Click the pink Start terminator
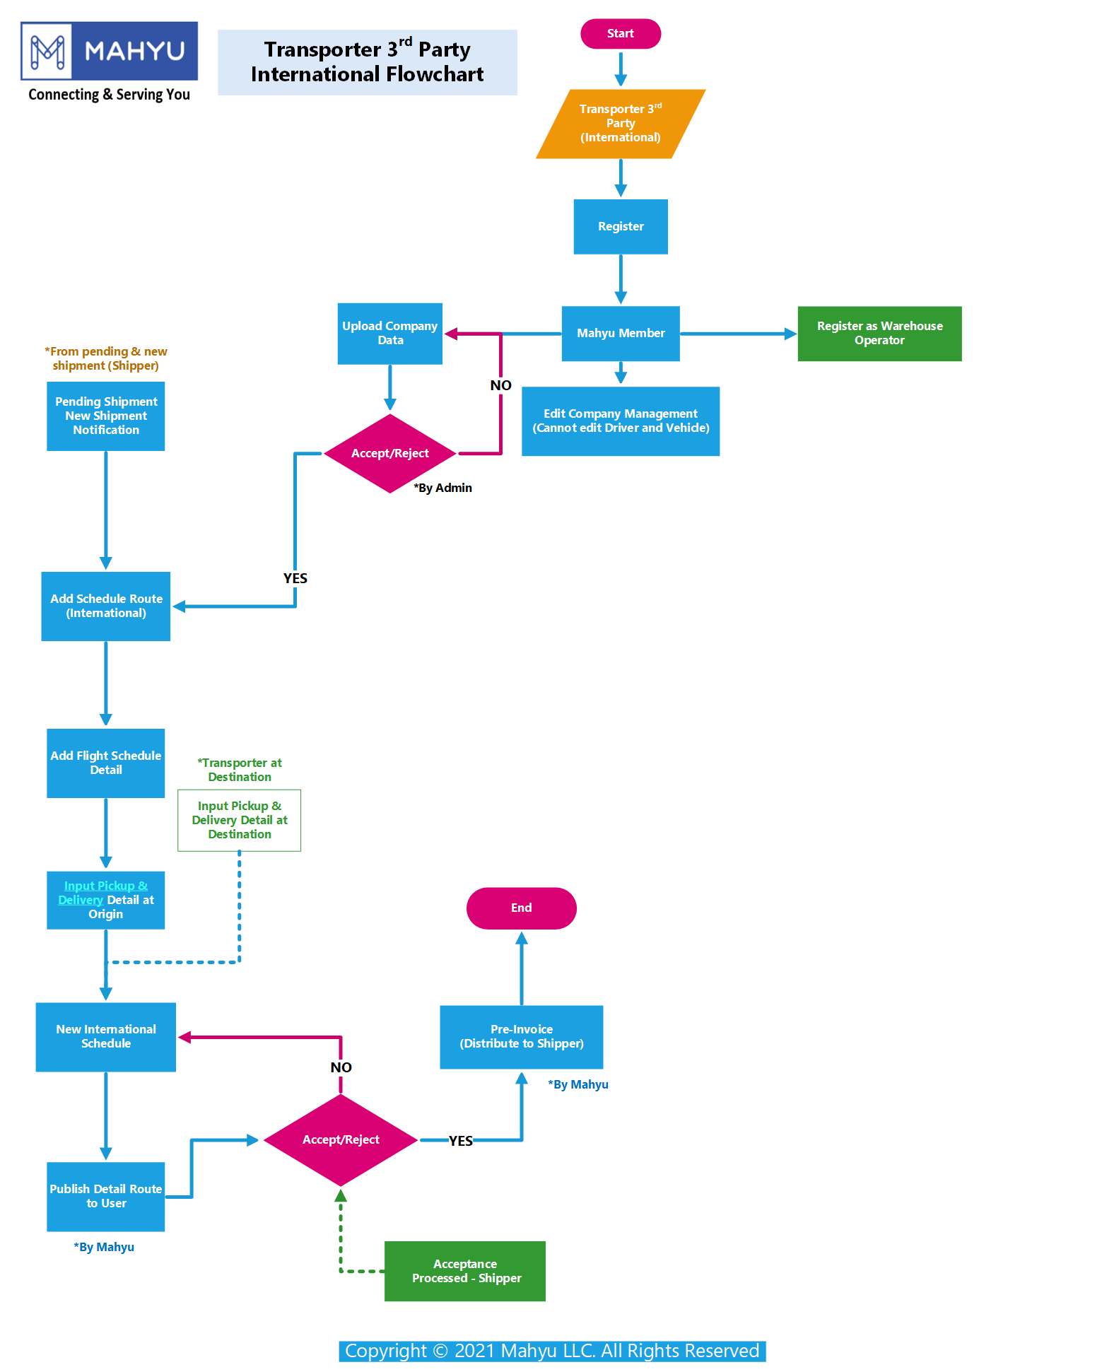point(621,34)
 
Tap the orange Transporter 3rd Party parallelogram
point(621,124)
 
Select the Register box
point(621,226)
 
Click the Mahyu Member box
point(621,334)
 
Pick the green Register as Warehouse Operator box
point(879,334)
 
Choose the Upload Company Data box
point(390,334)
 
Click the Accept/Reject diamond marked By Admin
point(390,453)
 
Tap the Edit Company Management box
point(621,421)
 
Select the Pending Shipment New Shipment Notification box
point(106,416)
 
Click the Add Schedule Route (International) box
point(106,606)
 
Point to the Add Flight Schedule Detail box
point(106,763)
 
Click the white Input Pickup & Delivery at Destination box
point(240,821)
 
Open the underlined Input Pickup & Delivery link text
point(103,893)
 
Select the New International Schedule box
point(106,1037)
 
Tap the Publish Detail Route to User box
point(106,1197)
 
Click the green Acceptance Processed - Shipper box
point(465,1271)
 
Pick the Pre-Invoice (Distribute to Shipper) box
point(522,1037)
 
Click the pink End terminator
point(522,908)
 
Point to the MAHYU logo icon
point(47,51)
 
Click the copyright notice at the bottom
point(552,1351)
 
